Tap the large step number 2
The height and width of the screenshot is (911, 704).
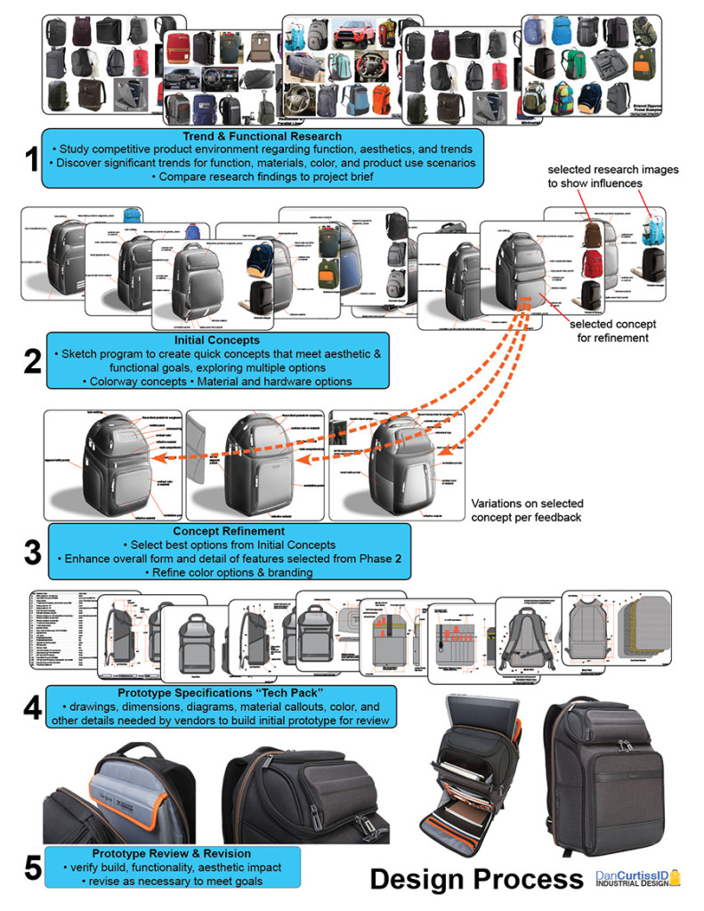(32, 362)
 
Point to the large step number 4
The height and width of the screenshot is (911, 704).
(32, 707)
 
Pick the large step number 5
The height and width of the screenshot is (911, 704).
(32, 867)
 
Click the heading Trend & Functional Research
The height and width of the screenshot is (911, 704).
(262, 136)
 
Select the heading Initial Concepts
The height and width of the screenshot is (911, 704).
(217, 340)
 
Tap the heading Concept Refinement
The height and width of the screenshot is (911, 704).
(229, 531)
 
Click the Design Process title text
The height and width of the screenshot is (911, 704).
(476, 878)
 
